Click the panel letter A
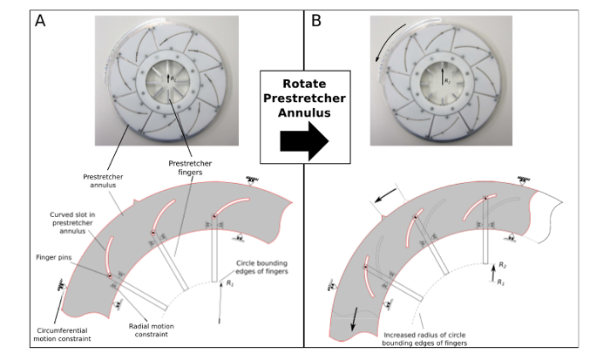tap(39, 20)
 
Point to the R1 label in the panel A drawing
tap(228, 283)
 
